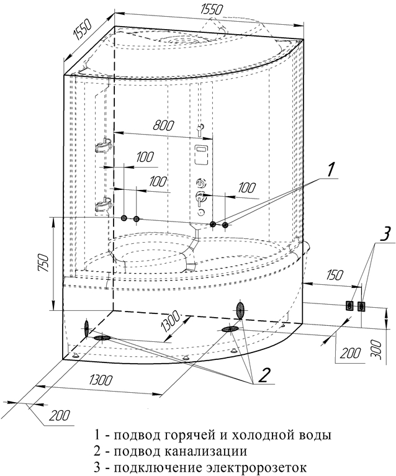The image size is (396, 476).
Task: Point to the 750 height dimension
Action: [x=42, y=263]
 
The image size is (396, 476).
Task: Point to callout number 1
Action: [x=331, y=169]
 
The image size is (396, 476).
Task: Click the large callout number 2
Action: [x=265, y=374]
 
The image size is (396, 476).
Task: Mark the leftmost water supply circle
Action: [x=124, y=218]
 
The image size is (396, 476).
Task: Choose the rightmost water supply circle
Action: [x=225, y=224]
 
